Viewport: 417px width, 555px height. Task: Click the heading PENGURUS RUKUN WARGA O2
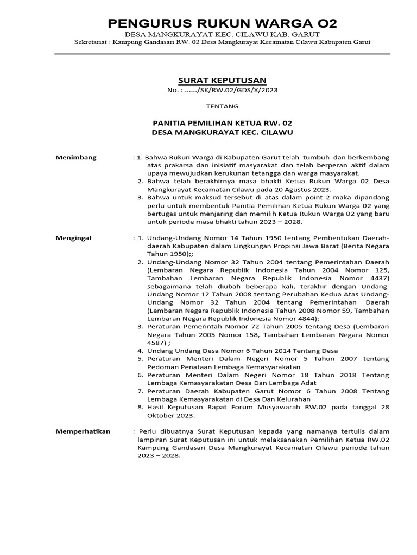point(222,23)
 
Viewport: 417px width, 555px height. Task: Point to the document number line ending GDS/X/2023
point(222,90)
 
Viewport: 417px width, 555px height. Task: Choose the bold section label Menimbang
point(76,157)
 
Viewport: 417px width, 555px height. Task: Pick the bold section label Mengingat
point(74,237)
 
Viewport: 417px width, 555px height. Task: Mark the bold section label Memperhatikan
point(83,431)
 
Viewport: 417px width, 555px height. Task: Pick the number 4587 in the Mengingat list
point(155,343)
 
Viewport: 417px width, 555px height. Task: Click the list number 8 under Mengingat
point(140,408)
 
